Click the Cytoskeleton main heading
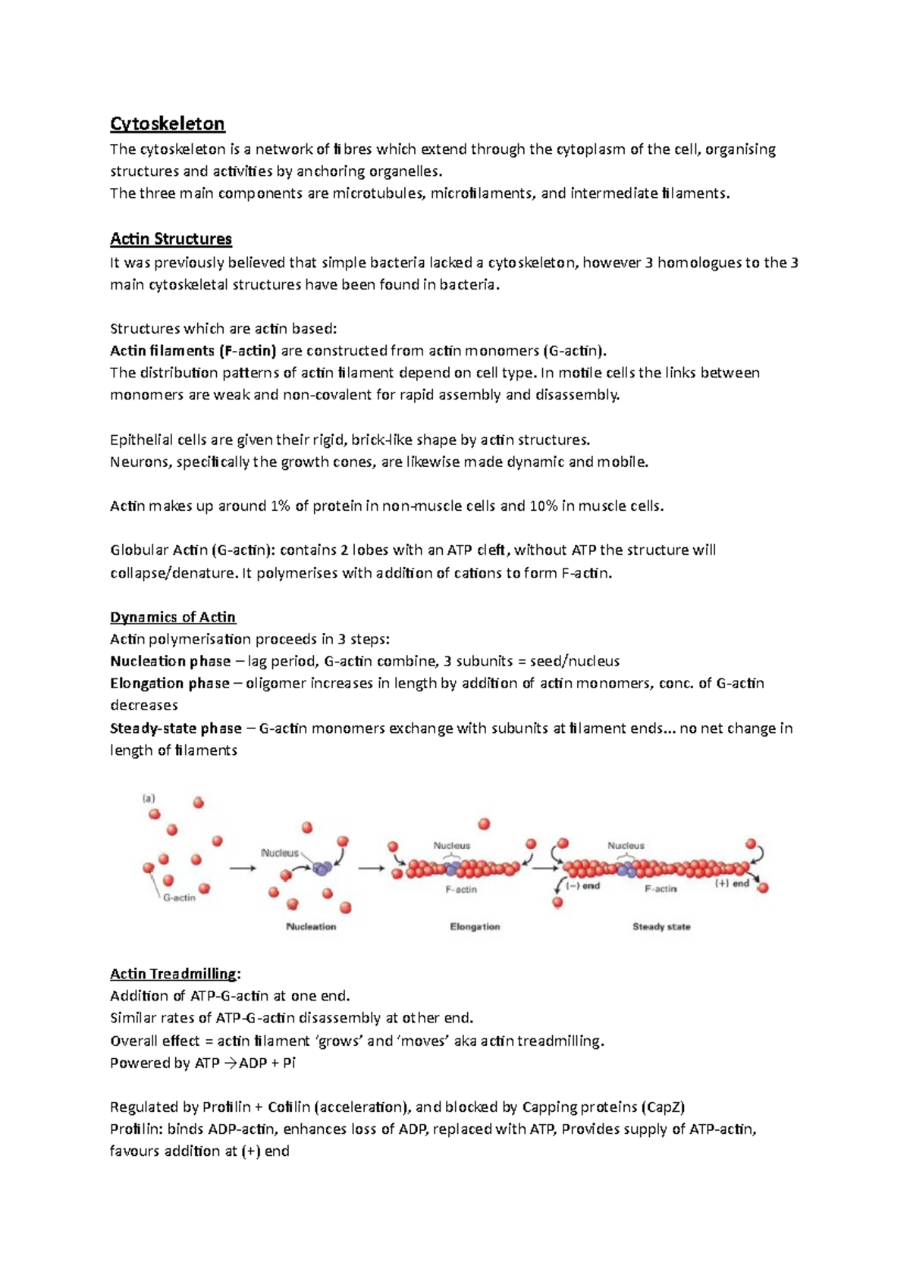click(x=167, y=124)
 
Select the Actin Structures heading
click(x=171, y=239)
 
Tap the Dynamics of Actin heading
click(x=173, y=617)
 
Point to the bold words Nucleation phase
click(x=170, y=661)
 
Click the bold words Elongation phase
click(x=169, y=683)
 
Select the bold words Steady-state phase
click(x=175, y=728)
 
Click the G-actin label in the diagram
click(x=180, y=897)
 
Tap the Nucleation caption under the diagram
click(x=311, y=926)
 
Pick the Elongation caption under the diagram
click(x=475, y=926)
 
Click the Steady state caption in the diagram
click(x=661, y=926)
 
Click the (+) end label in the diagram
click(x=732, y=883)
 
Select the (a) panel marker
click(x=149, y=797)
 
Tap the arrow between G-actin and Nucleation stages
click(x=243, y=869)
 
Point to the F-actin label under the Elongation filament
click(x=461, y=889)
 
